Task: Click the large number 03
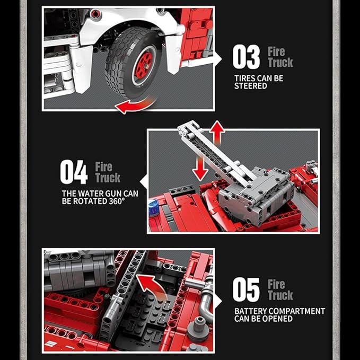point(246,57)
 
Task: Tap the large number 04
point(74,172)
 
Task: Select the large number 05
point(246,289)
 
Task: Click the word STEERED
point(250,86)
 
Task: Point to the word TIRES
point(243,78)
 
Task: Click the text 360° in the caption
point(117,201)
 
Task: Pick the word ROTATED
point(90,201)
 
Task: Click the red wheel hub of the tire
point(144,65)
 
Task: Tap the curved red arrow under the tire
point(135,105)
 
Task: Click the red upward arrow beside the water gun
point(217,133)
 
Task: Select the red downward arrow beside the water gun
point(200,168)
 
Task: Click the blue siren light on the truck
point(154,208)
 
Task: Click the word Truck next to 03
point(280,63)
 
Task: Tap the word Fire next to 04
point(104,166)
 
